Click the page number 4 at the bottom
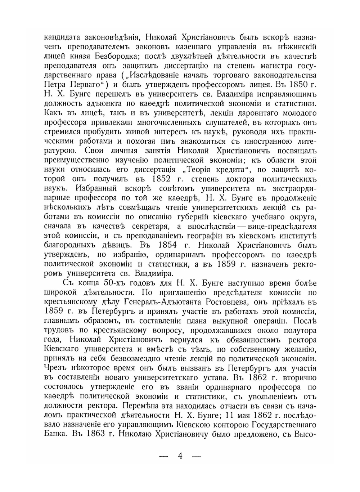point(180,456)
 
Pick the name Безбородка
point(114,57)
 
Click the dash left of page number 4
point(164,456)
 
